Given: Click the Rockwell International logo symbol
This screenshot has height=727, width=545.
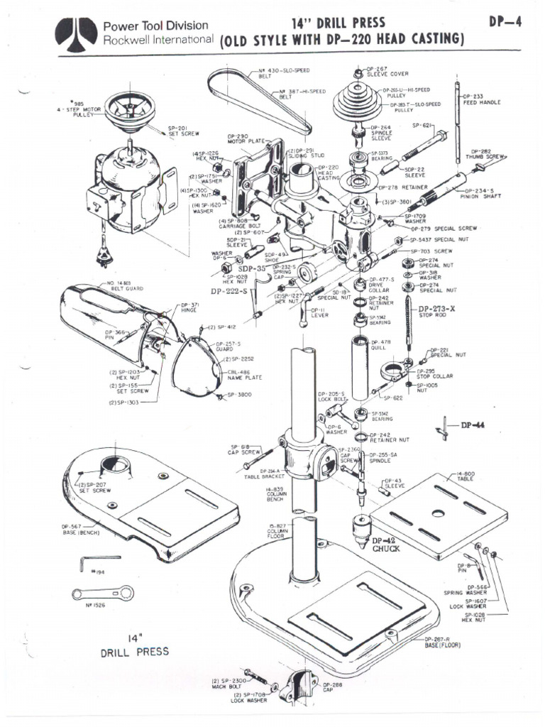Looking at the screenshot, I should pyautogui.click(x=78, y=31).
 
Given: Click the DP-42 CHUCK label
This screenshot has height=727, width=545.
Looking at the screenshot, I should pyautogui.click(x=386, y=544).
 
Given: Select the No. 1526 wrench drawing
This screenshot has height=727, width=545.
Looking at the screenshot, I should pyautogui.click(x=101, y=592).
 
